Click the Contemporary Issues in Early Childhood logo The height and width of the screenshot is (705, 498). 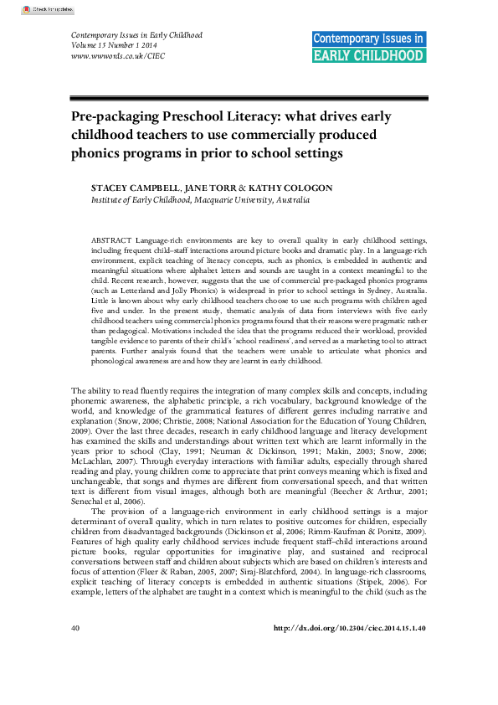pyautogui.click(x=368, y=47)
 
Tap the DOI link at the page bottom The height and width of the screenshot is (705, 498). pyautogui.click(x=351, y=674)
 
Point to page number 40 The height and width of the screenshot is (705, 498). pyautogui.click(x=75, y=674)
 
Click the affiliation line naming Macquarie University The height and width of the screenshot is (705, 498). pyautogui.click(x=201, y=201)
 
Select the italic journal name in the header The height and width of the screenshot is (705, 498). pyautogui.click(x=130, y=36)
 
